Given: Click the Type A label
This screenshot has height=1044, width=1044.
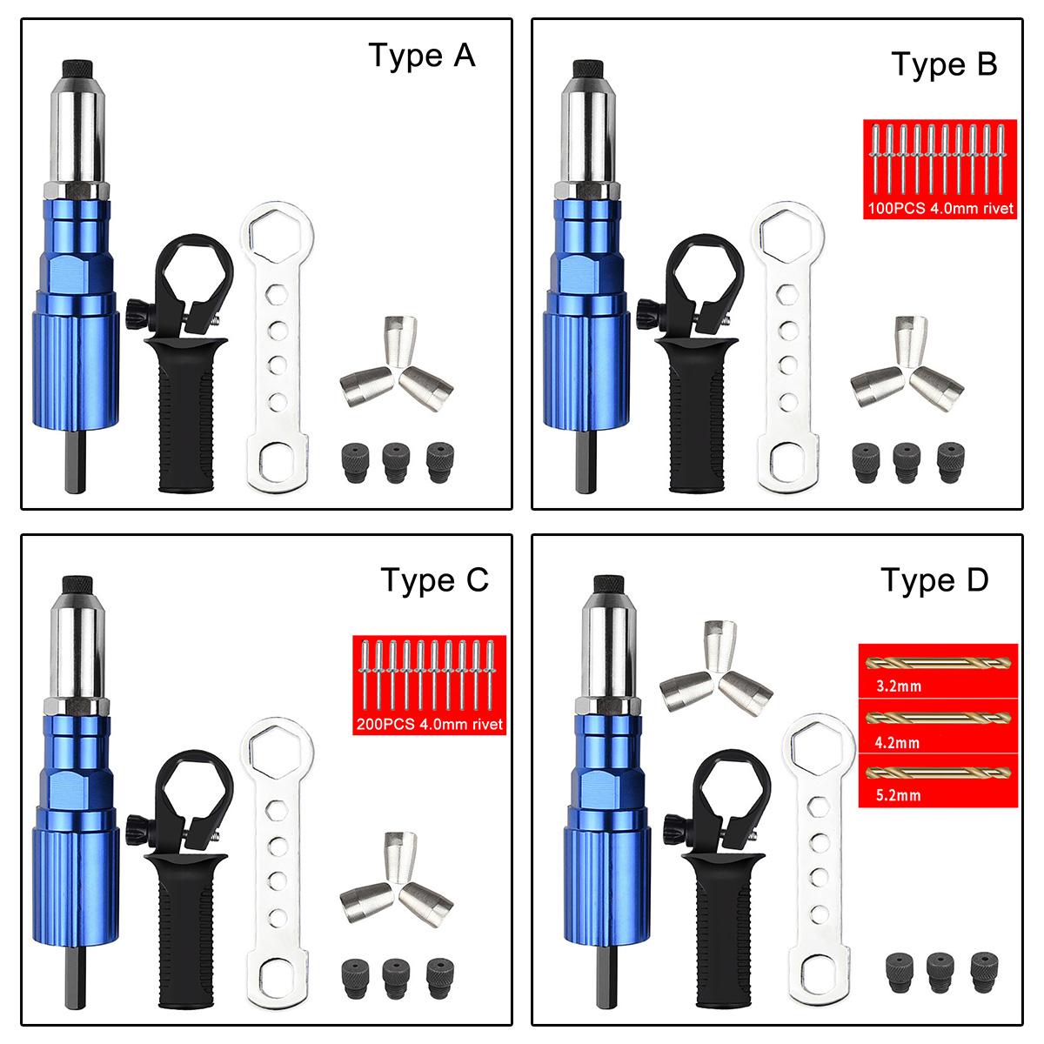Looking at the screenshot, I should (x=422, y=55).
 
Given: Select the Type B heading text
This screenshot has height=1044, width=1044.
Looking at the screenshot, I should (x=944, y=64).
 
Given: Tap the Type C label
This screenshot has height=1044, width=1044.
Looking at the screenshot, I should (x=434, y=579).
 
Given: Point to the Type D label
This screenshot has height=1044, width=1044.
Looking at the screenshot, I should (x=934, y=579).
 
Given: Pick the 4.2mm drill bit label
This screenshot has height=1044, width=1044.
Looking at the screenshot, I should (x=897, y=742).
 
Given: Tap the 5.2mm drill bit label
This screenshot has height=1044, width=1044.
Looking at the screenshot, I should (x=897, y=794).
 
